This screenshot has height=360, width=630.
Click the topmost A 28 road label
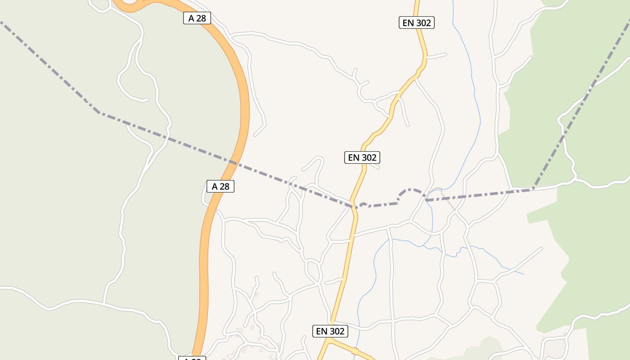pos(197,18)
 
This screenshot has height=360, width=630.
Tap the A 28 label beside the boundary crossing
pos(220,186)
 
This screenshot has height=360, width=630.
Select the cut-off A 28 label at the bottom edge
pos(193,358)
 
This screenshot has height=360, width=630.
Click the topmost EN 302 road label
pos(417,22)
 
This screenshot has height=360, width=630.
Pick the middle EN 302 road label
pos(362,157)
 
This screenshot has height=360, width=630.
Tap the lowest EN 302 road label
pos(330,331)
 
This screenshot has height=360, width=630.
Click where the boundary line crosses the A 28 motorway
pos(233,162)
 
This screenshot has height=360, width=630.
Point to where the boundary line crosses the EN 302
pos(354,207)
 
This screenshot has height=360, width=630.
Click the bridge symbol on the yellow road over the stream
pos(355,351)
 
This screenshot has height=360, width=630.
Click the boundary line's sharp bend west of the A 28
pos(99,112)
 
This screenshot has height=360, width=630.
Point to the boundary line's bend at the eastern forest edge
pos(533,189)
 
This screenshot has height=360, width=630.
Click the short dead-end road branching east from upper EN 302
pos(436,56)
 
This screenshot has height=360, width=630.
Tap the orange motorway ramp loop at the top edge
pos(130,5)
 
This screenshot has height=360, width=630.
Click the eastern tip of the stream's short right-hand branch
pos(523,274)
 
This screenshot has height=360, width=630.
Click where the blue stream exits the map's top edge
pos(452,1)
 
